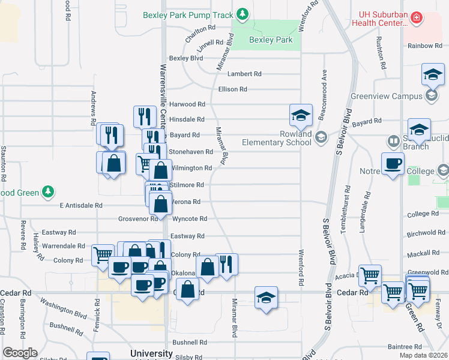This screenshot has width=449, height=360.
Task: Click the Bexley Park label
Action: (271, 40)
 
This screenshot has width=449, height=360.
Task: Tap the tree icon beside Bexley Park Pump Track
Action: (241, 13)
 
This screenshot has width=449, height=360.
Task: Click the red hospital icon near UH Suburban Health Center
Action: (415, 19)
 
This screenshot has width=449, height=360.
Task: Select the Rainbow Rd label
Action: (424, 46)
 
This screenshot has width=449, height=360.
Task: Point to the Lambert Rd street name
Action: (244, 74)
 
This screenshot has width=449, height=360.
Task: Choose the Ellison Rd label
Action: (232, 89)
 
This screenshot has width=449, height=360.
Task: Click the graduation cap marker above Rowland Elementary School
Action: (301, 115)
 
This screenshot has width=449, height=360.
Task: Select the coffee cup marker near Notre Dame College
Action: (394, 163)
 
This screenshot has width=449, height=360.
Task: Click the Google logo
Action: (20, 353)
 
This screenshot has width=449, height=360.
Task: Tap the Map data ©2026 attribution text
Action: (423, 355)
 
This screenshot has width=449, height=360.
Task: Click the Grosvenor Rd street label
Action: (137, 219)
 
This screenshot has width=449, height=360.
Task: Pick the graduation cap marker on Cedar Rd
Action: (266, 297)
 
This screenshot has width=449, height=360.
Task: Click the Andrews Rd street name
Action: (94, 108)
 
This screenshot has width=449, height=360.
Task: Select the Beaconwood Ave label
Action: (324, 85)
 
